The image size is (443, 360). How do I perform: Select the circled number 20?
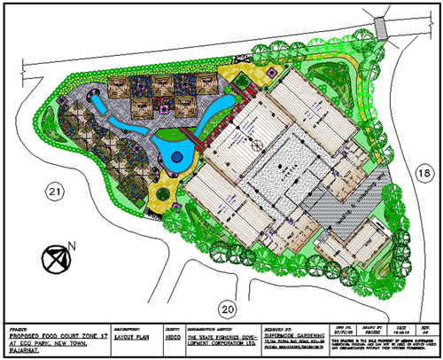tap(229, 309)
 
